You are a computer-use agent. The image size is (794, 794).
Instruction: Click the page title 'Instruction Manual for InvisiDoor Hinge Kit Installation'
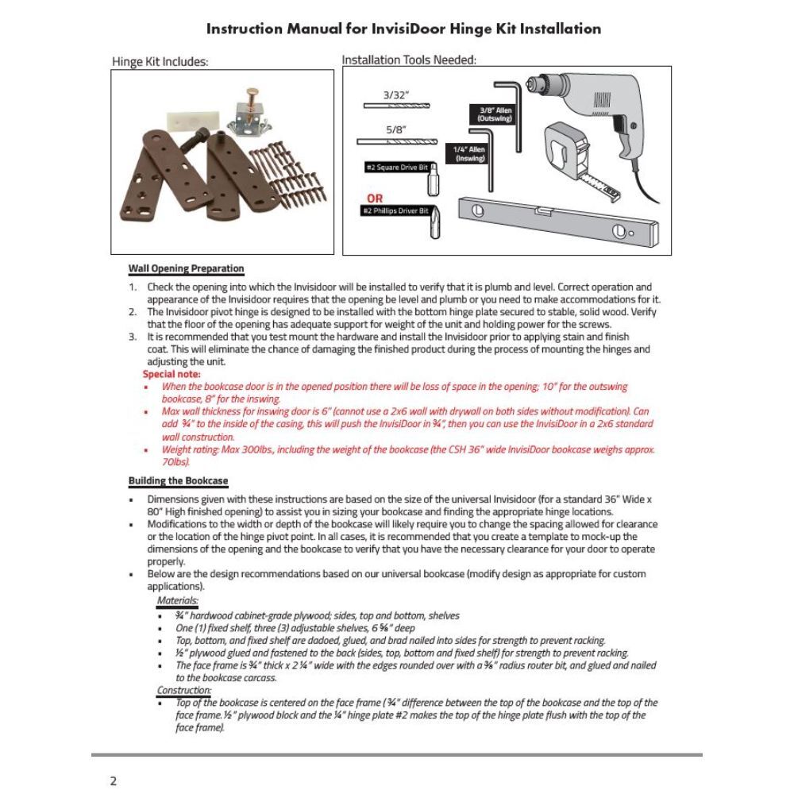[403, 29]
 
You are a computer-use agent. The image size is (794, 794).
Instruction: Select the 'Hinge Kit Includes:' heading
[160, 62]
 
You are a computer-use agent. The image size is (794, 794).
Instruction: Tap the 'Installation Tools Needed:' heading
[409, 60]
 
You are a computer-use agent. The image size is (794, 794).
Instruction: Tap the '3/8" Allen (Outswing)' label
[495, 114]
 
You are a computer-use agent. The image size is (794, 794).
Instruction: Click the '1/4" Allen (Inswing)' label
[468, 153]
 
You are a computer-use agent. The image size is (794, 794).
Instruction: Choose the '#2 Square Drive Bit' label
[396, 167]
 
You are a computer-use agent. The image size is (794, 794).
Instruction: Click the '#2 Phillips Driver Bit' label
[395, 210]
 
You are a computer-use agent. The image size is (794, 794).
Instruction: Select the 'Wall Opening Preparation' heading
[186, 269]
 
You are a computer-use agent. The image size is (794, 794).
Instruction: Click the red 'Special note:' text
[172, 373]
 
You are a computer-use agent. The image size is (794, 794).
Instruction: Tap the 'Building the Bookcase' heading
[178, 481]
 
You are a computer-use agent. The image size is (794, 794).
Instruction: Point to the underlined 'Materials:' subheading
[178, 601]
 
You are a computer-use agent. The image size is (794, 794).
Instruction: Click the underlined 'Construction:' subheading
[183, 690]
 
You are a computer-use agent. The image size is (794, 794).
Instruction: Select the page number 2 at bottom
[113, 781]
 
